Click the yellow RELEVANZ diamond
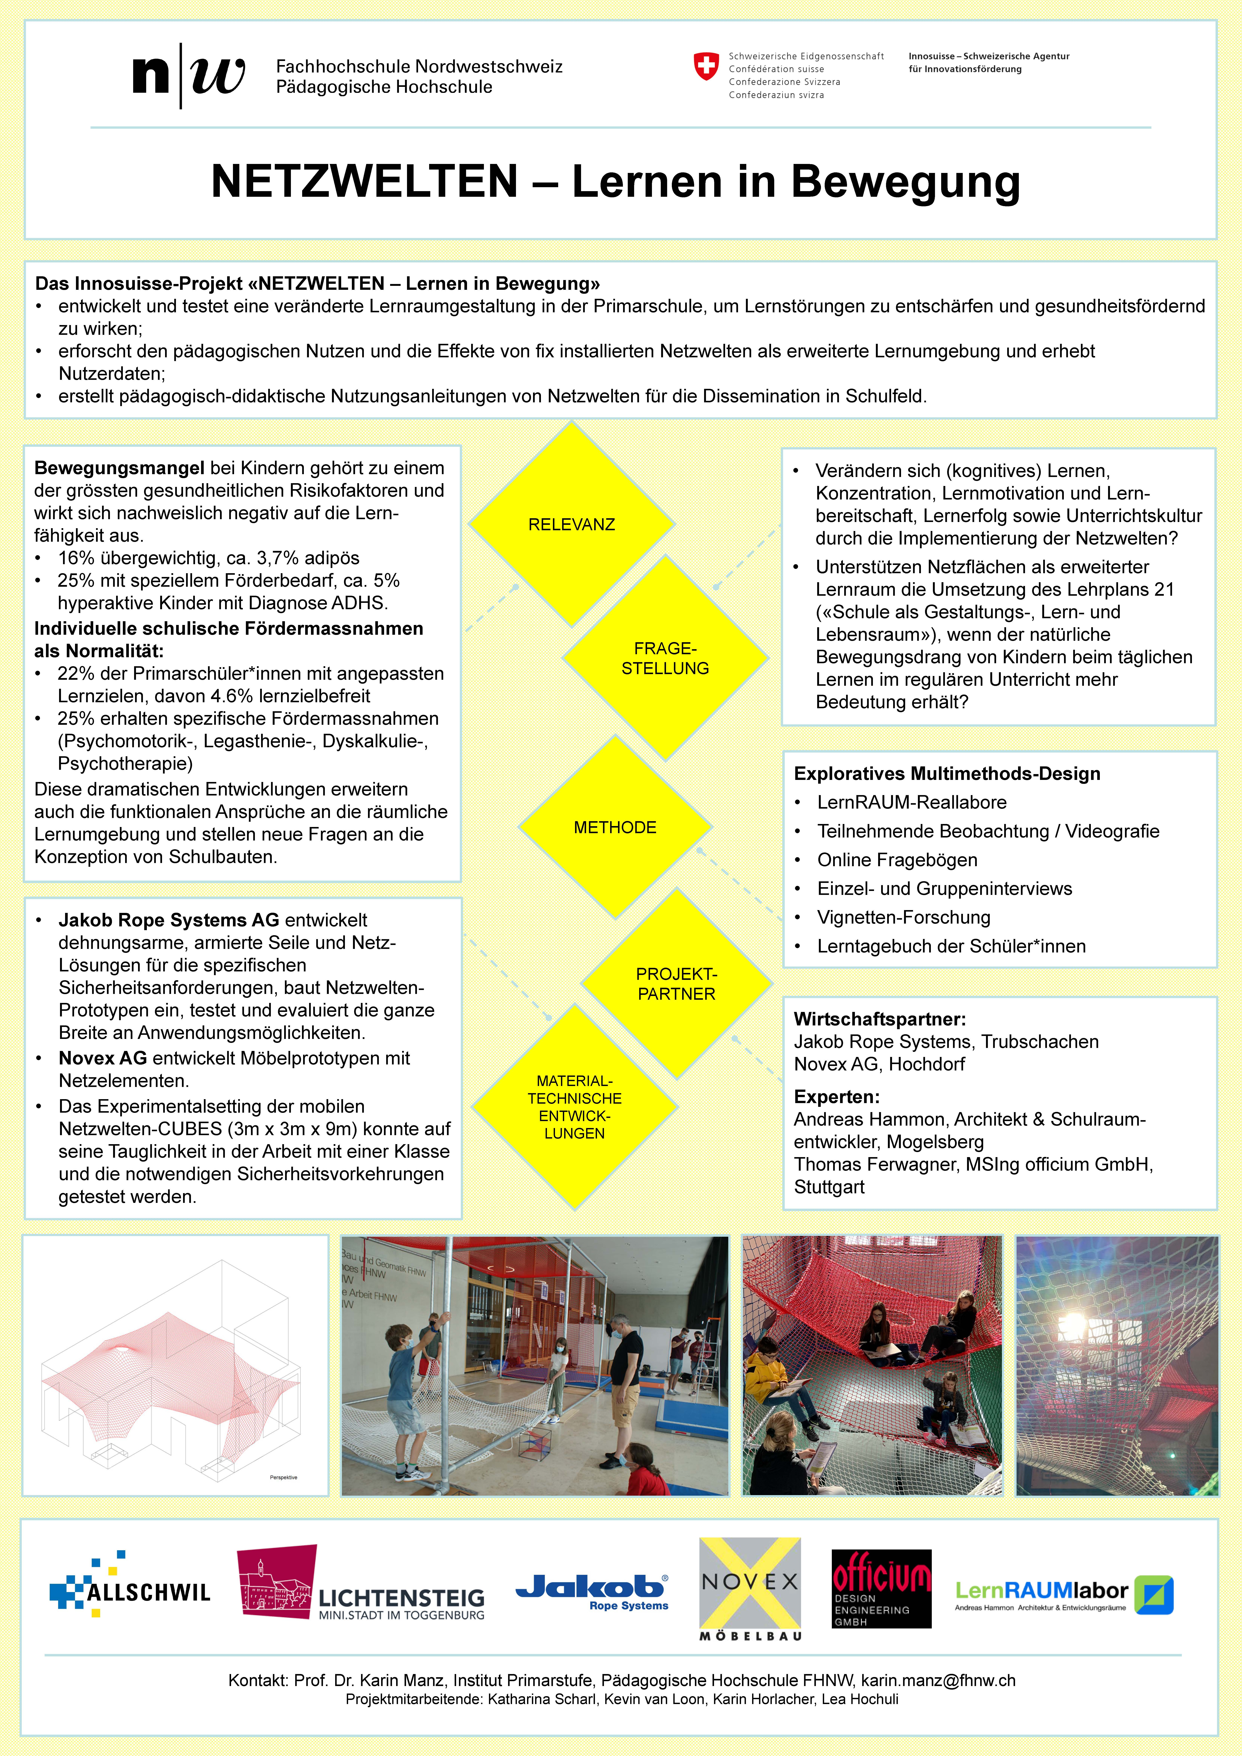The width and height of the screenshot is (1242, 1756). pyautogui.click(x=571, y=525)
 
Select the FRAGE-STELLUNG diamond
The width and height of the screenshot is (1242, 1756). pyautogui.click(x=665, y=658)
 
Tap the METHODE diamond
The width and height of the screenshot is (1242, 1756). pyautogui.click(x=615, y=828)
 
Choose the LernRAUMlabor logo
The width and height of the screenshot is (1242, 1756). pyautogui.click(x=1063, y=1595)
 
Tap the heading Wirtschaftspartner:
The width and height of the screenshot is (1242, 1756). pyautogui.click(x=879, y=1019)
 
